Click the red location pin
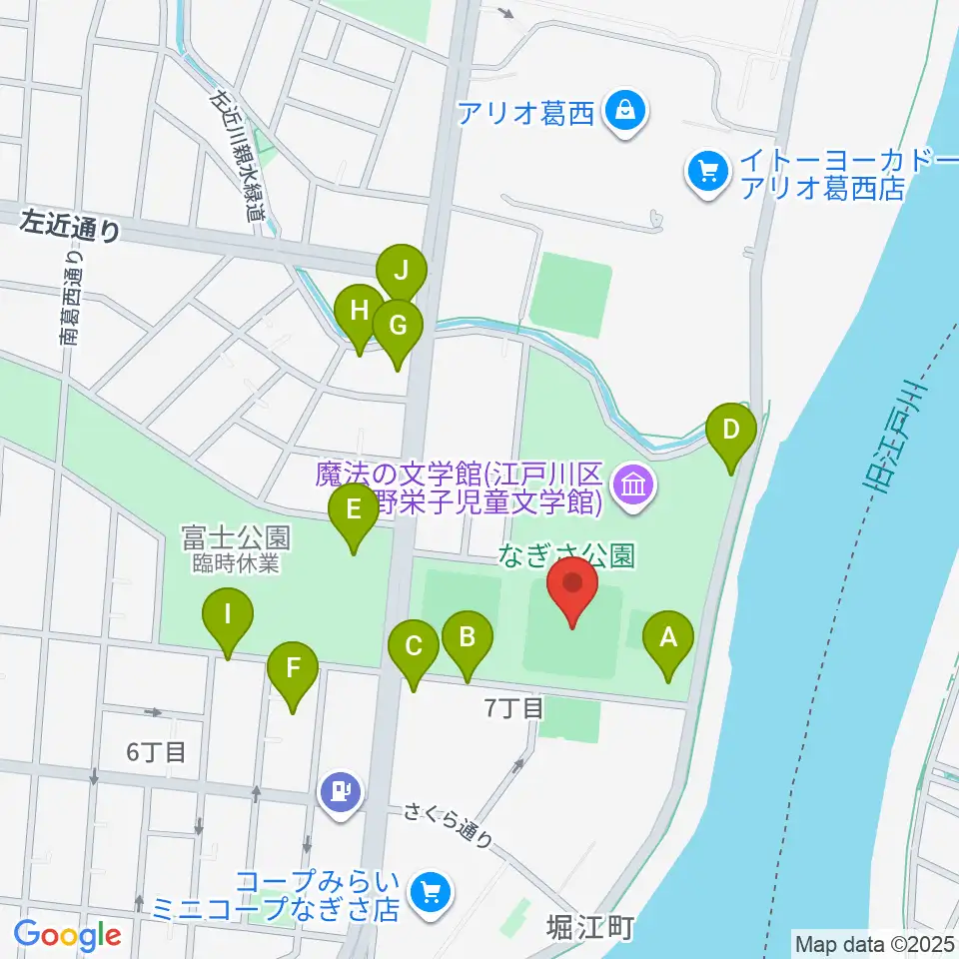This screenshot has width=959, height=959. pos(571,590)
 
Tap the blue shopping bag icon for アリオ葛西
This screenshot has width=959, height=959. pos(624,110)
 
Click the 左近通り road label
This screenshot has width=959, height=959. pos(71,229)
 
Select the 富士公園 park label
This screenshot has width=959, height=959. pos(236,538)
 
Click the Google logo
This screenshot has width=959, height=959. pos(68,935)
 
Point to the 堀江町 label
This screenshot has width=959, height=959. pos(591,928)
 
